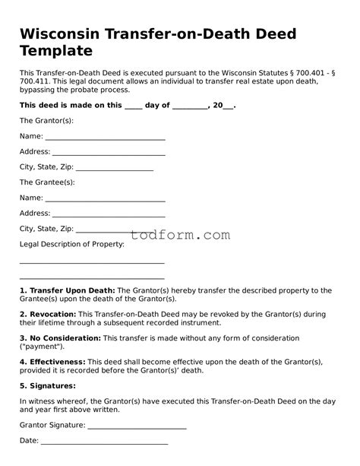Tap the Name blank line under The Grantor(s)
[x=105, y=138]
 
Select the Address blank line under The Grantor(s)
[x=108, y=154]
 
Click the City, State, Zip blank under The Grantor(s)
[x=115, y=169]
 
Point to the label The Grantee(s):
[x=47, y=182]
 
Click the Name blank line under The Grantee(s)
[x=105, y=199]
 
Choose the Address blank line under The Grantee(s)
[x=108, y=215]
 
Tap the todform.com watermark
[x=180, y=235]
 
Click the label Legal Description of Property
[x=71, y=244]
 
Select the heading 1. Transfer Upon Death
[x=68, y=290]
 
